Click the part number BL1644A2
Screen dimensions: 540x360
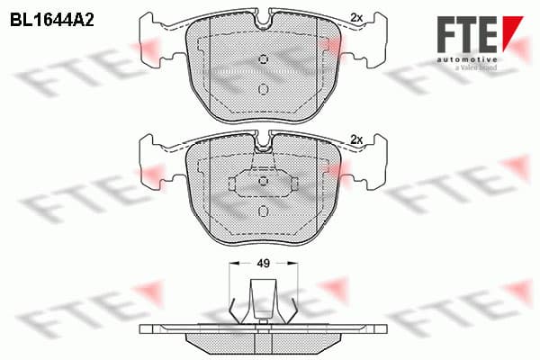(x=52, y=21)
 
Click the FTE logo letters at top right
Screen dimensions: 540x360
(x=467, y=34)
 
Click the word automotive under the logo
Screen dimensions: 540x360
(x=467, y=59)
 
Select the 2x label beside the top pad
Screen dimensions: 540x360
(x=356, y=18)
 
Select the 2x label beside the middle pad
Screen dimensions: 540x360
(x=356, y=139)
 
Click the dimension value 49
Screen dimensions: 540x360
(x=264, y=264)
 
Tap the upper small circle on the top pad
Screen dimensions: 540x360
(x=264, y=59)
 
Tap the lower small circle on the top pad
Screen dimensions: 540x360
(x=264, y=89)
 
